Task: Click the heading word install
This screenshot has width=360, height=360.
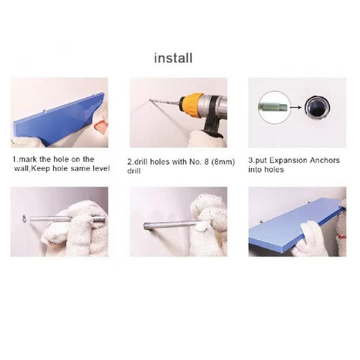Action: [x=173, y=58]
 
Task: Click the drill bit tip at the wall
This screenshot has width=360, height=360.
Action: [x=150, y=100]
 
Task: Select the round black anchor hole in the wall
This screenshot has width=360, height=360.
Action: [x=317, y=108]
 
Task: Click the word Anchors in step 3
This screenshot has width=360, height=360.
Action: [x=325, y=160]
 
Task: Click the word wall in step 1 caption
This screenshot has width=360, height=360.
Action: [x=21, y=169]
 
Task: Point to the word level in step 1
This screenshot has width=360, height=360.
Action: [x=100, y=168]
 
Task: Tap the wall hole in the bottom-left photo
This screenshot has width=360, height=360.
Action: [x=24, y=218]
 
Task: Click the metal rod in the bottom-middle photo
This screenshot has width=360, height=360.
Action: [x=172, y=224]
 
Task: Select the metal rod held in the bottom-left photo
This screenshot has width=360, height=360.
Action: [x=67, y=219]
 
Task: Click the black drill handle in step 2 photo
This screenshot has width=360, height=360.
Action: [x=213, y=120]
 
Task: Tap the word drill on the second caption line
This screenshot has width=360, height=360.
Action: [x=134, y=171]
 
